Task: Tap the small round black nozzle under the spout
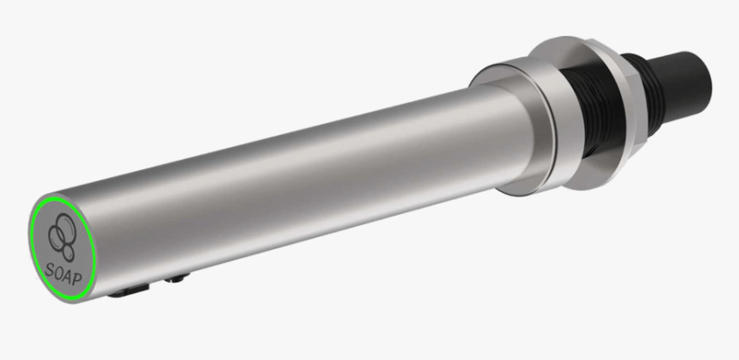[x=179, y=278]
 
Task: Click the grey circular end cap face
[x=60, y=245]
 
